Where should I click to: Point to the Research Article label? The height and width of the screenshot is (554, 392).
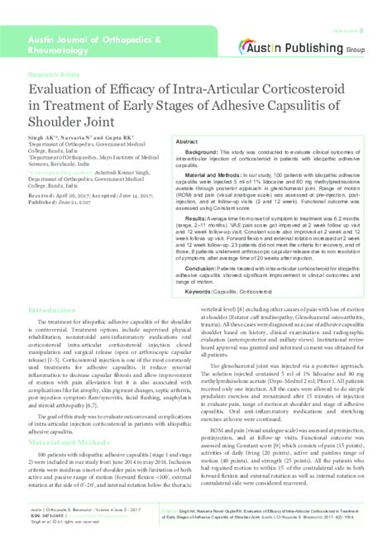(x=52, y=74)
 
